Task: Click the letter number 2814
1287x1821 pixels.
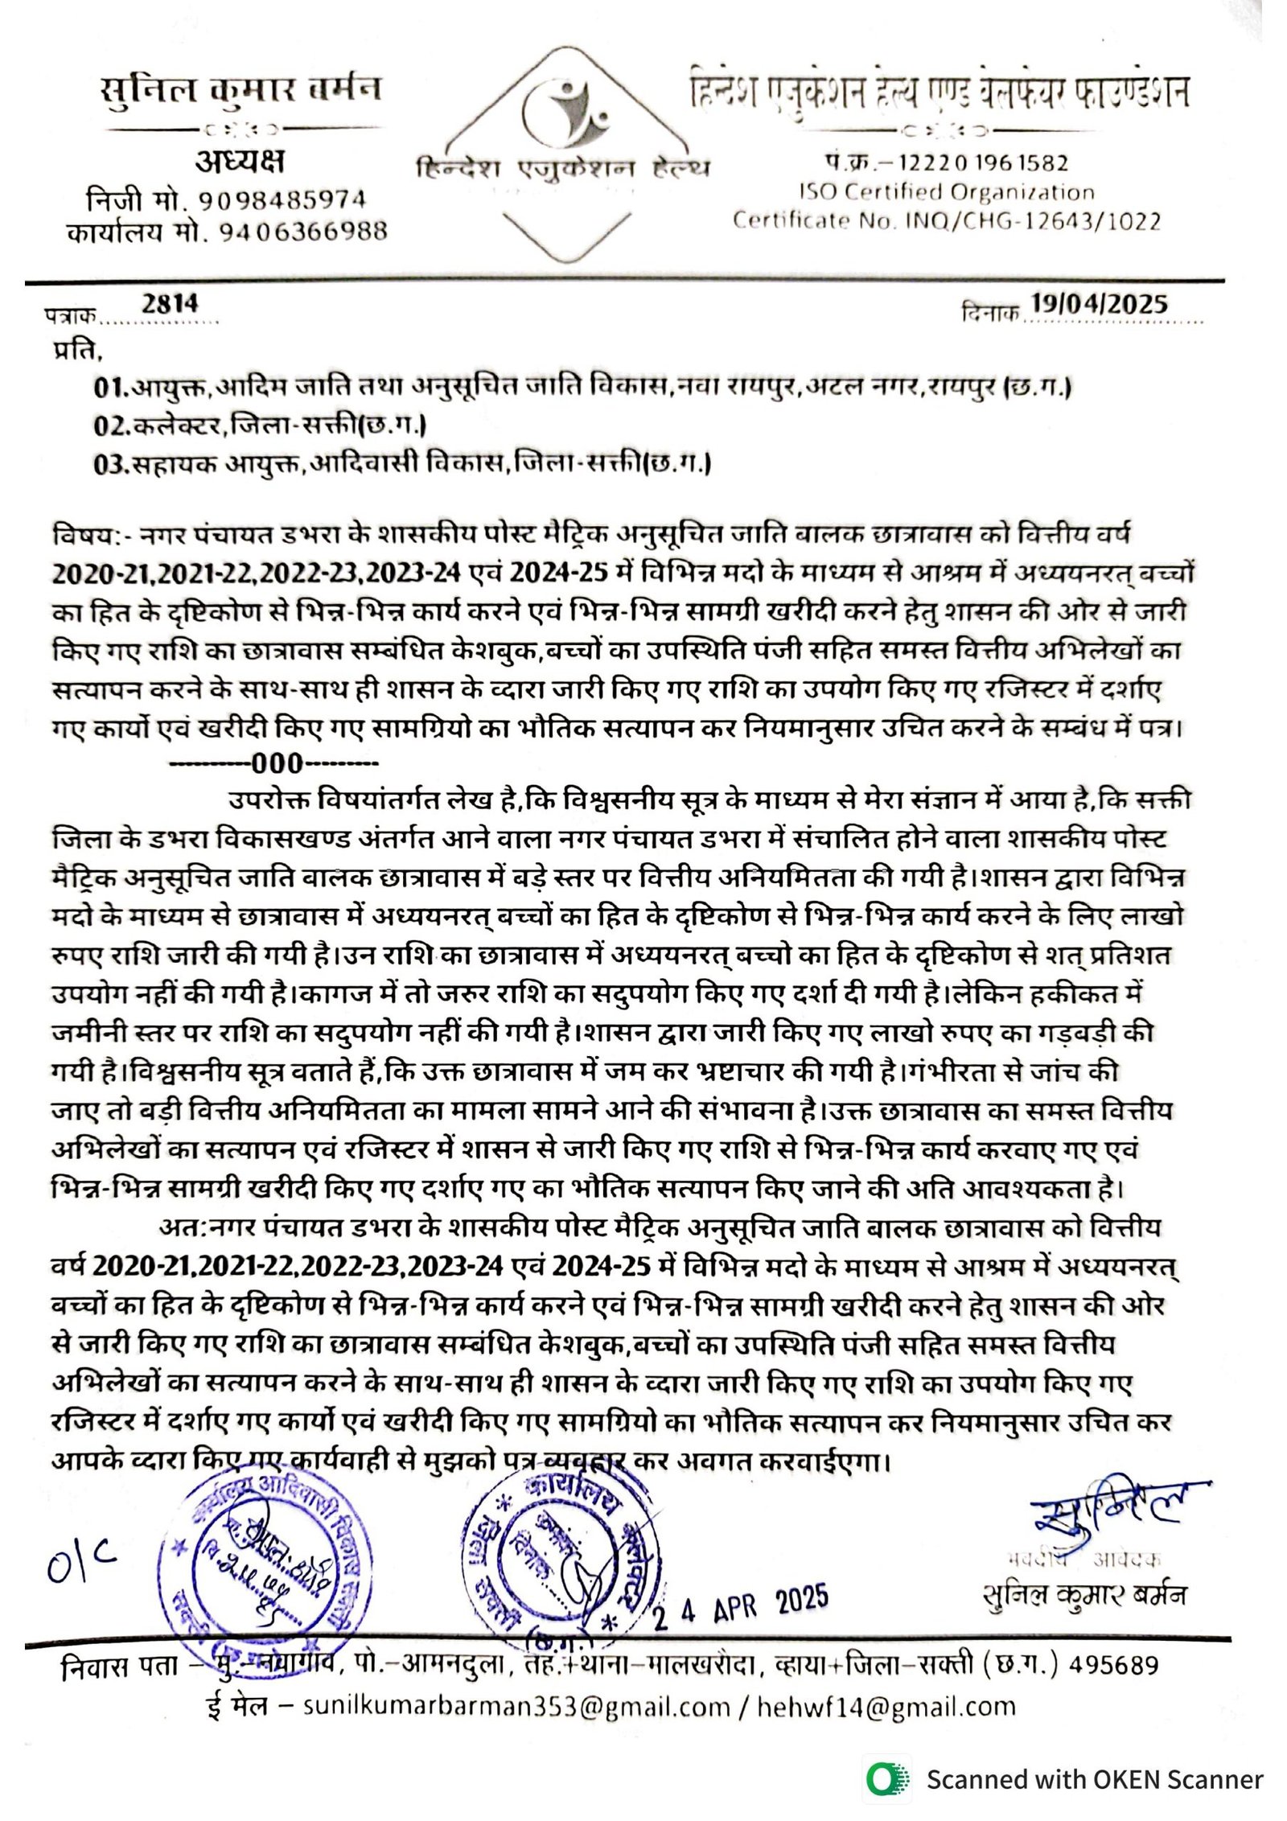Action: [x=170, y=303]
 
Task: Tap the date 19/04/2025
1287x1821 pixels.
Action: [x=1099, y=303]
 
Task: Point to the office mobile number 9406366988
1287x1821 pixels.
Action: [x=303, y=232]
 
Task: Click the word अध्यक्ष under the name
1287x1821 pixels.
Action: [x=240, y=162]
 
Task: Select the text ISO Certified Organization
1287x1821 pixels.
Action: [x=946, y=192]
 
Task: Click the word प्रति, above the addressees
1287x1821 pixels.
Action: [x=78, y=351]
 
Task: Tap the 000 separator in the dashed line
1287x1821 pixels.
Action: [x=277, y=763]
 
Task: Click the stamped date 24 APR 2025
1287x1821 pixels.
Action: [x=739, y=1605]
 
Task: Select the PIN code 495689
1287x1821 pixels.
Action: [x=1112, y=1665]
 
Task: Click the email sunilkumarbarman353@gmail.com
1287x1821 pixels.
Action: [x=516, y=1707]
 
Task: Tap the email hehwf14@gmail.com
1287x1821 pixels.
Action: [x=886, y=1707]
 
